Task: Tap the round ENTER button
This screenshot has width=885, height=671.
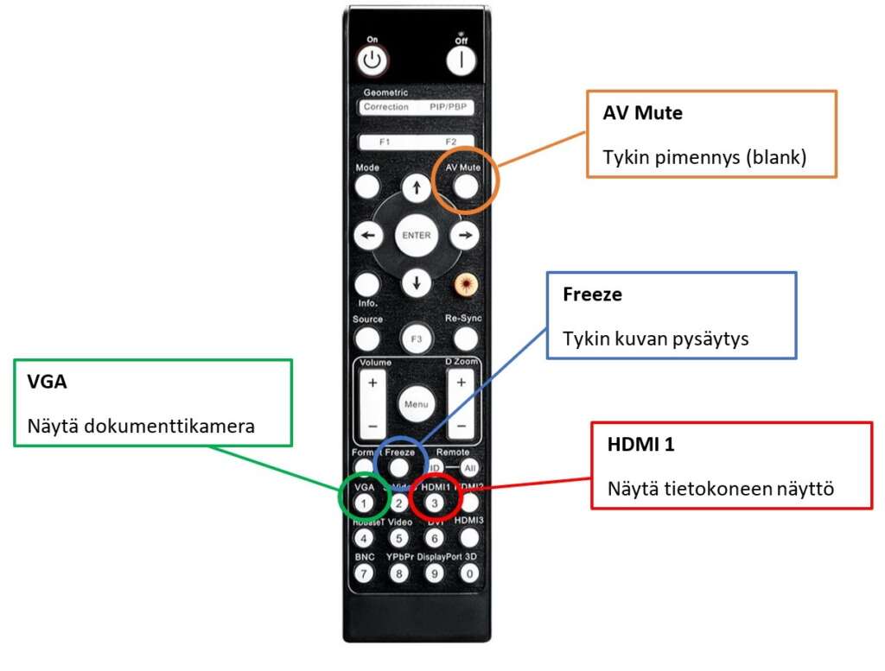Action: [417, 235]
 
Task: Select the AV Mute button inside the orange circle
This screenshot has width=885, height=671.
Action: [465, 186]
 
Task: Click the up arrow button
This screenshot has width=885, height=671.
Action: [417, 187]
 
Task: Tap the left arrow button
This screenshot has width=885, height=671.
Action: [369, 235]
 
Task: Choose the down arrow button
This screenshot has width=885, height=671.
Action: [417, 282]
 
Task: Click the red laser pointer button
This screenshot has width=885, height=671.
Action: [465, 283]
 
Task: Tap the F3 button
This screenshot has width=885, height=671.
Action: [417, 339]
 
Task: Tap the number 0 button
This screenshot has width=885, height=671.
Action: [470, 573]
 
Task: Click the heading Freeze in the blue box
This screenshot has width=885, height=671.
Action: [592, 294]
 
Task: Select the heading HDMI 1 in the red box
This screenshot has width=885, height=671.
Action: [640, 445]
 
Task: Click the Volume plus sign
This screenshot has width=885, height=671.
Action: [372, 382]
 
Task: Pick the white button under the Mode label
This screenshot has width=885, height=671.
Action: [367, 187]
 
